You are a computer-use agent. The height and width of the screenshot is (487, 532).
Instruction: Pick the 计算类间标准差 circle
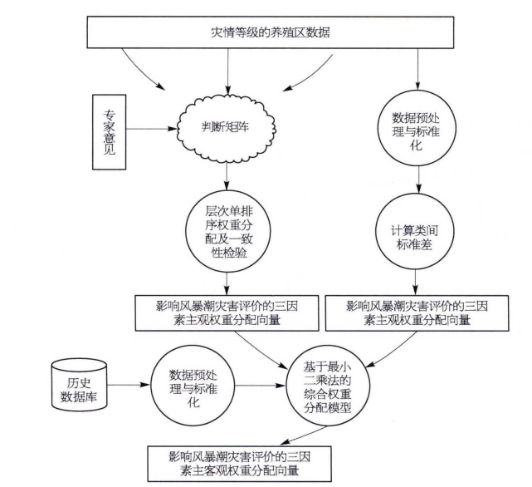[x=417, y=235]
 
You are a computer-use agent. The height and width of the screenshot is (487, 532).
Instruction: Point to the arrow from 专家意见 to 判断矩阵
[x=154, y=128]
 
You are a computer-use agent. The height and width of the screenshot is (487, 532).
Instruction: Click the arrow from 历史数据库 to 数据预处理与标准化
[x=130, y=386]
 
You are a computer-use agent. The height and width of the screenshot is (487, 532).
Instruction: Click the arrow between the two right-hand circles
[x=417, y=180]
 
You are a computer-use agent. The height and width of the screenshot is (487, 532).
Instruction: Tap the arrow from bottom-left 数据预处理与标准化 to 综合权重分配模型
[x=254, y=386]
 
